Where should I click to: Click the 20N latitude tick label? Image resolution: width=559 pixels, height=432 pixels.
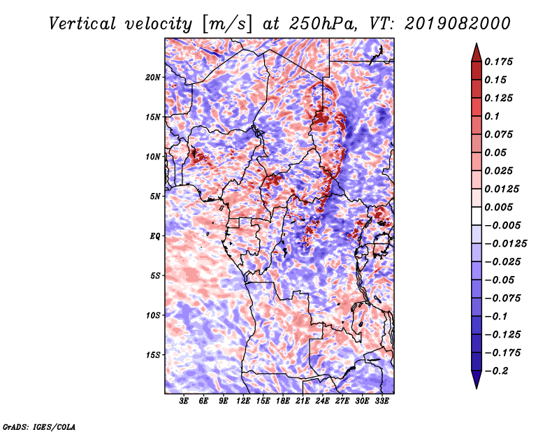pyautogui.click(x=152, y=78)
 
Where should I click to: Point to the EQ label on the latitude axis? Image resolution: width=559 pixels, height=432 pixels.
pyautogui.click(x=154, y=236)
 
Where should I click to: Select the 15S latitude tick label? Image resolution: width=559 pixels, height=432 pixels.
pyautogui.click(x=153, y=355)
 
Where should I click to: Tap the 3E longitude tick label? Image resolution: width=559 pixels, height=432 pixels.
pyautogui.click(x=184, y=401)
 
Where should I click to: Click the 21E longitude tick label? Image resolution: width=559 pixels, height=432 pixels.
pyautogui.click(x=303, y=401)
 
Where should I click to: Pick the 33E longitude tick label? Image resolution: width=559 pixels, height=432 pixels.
pyautogui.click(x=382, y=401)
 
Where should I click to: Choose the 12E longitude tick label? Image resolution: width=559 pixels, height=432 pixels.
pyautogui.click(x=243, y=401)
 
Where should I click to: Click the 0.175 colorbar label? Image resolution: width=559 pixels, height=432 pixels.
pyautogui.click(x=498, y=62)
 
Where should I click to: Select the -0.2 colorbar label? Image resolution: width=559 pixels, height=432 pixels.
pyautogui.click(x=496, y=371)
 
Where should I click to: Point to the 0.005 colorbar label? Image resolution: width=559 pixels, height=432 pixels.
pyautogui.click(x=498, y=207)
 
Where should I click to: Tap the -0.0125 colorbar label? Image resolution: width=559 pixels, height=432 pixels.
pyautogui.click(x=505, y=244)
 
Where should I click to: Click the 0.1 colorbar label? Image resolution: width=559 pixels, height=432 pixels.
pyautogui.click(x=492, y=116)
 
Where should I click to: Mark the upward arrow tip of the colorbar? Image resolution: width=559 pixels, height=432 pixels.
pyautogui.click(x=477, y=43)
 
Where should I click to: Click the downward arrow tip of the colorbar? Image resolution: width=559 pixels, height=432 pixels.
pyautogui.click(x=477, y=389)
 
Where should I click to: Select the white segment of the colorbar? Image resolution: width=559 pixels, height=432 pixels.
pyautogui.click(x=477, y=216)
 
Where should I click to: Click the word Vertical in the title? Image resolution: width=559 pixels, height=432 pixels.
pyautogui.click(x=82, y=24)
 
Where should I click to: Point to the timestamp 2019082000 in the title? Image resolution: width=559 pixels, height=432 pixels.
pyautogui.click(x=458, y=24)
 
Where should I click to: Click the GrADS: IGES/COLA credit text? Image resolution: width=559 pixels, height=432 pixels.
pyautogui.click(x=39, y=427)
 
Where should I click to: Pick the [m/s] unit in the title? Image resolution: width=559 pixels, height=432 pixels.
pyautogui.click(x=227, y=24)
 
